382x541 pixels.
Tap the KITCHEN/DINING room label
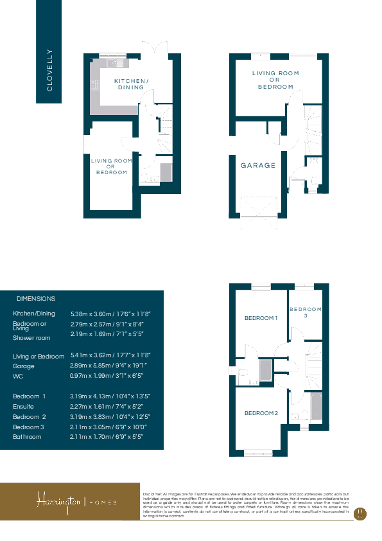[x=131, y=84]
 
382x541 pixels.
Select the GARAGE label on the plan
[x=258, y=165]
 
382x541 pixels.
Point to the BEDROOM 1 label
[x=261, y=318]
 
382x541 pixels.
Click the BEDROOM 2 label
[x=261, y=412]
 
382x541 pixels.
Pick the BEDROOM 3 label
[x=305, y=312]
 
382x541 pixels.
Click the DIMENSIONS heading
[x=36, y=299]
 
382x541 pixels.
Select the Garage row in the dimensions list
[x=24, y=366]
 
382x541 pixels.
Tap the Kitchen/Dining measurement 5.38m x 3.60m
[x=110, y=314]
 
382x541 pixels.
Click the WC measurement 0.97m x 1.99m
[x=107, y=376]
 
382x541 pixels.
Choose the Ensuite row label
[x=24, y=407]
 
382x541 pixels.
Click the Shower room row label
[x=31, y=337]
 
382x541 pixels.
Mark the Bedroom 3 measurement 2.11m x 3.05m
[x=109, y=427]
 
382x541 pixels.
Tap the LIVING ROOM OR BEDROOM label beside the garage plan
[x=275, y=80]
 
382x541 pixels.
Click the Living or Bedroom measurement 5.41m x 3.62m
[x=110, y=356]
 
